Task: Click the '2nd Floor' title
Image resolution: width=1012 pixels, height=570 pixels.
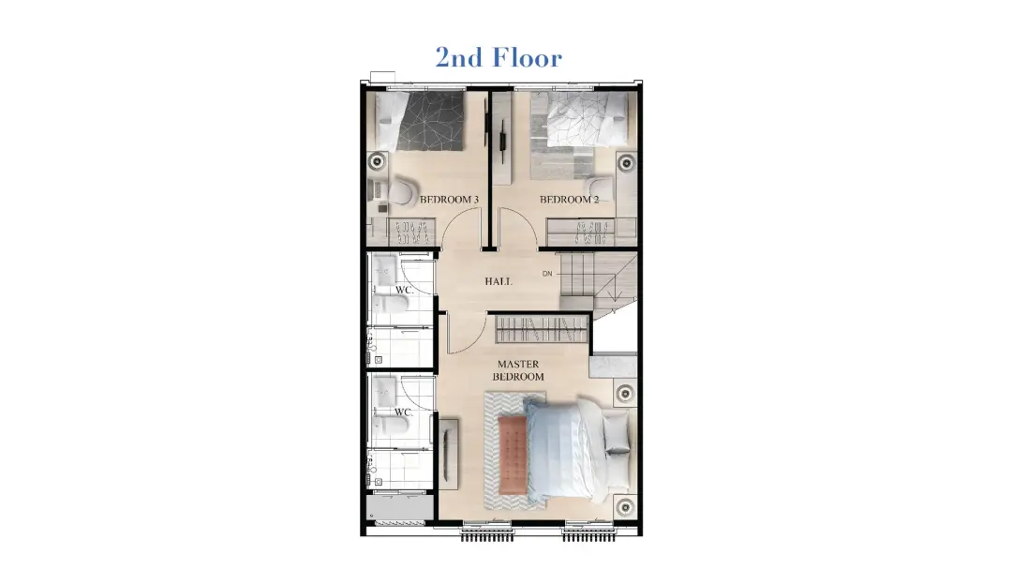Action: pyautogui.click(x=499, y=57)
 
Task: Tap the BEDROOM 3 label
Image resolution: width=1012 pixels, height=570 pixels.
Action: pyautogui.click(x=449, y=200)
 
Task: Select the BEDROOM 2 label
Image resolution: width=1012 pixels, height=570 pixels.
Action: pyautogui.click(x=570, y=200)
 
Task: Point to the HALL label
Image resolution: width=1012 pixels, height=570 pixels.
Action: pyautogui.click(x=499, y=281)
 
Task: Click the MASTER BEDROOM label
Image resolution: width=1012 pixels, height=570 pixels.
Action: pyautogui.click(x=518, y=370)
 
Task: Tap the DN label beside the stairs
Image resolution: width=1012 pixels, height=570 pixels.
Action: pyautogui.click(x=547, y=274)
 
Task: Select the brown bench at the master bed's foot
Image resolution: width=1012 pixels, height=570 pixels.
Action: pyautogui.click(x=513, y=453)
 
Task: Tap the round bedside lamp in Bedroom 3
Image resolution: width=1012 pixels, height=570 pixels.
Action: pyautogui.click(x=378, y=161)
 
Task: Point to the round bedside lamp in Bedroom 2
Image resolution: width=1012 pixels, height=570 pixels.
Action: pyautogui.click(x=626, y=163)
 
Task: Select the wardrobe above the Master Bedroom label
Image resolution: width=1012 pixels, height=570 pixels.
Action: pyautogui.click(x=543, y=328)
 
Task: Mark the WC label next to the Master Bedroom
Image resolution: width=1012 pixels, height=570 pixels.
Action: pyautogui.click(x=403, y=412)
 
